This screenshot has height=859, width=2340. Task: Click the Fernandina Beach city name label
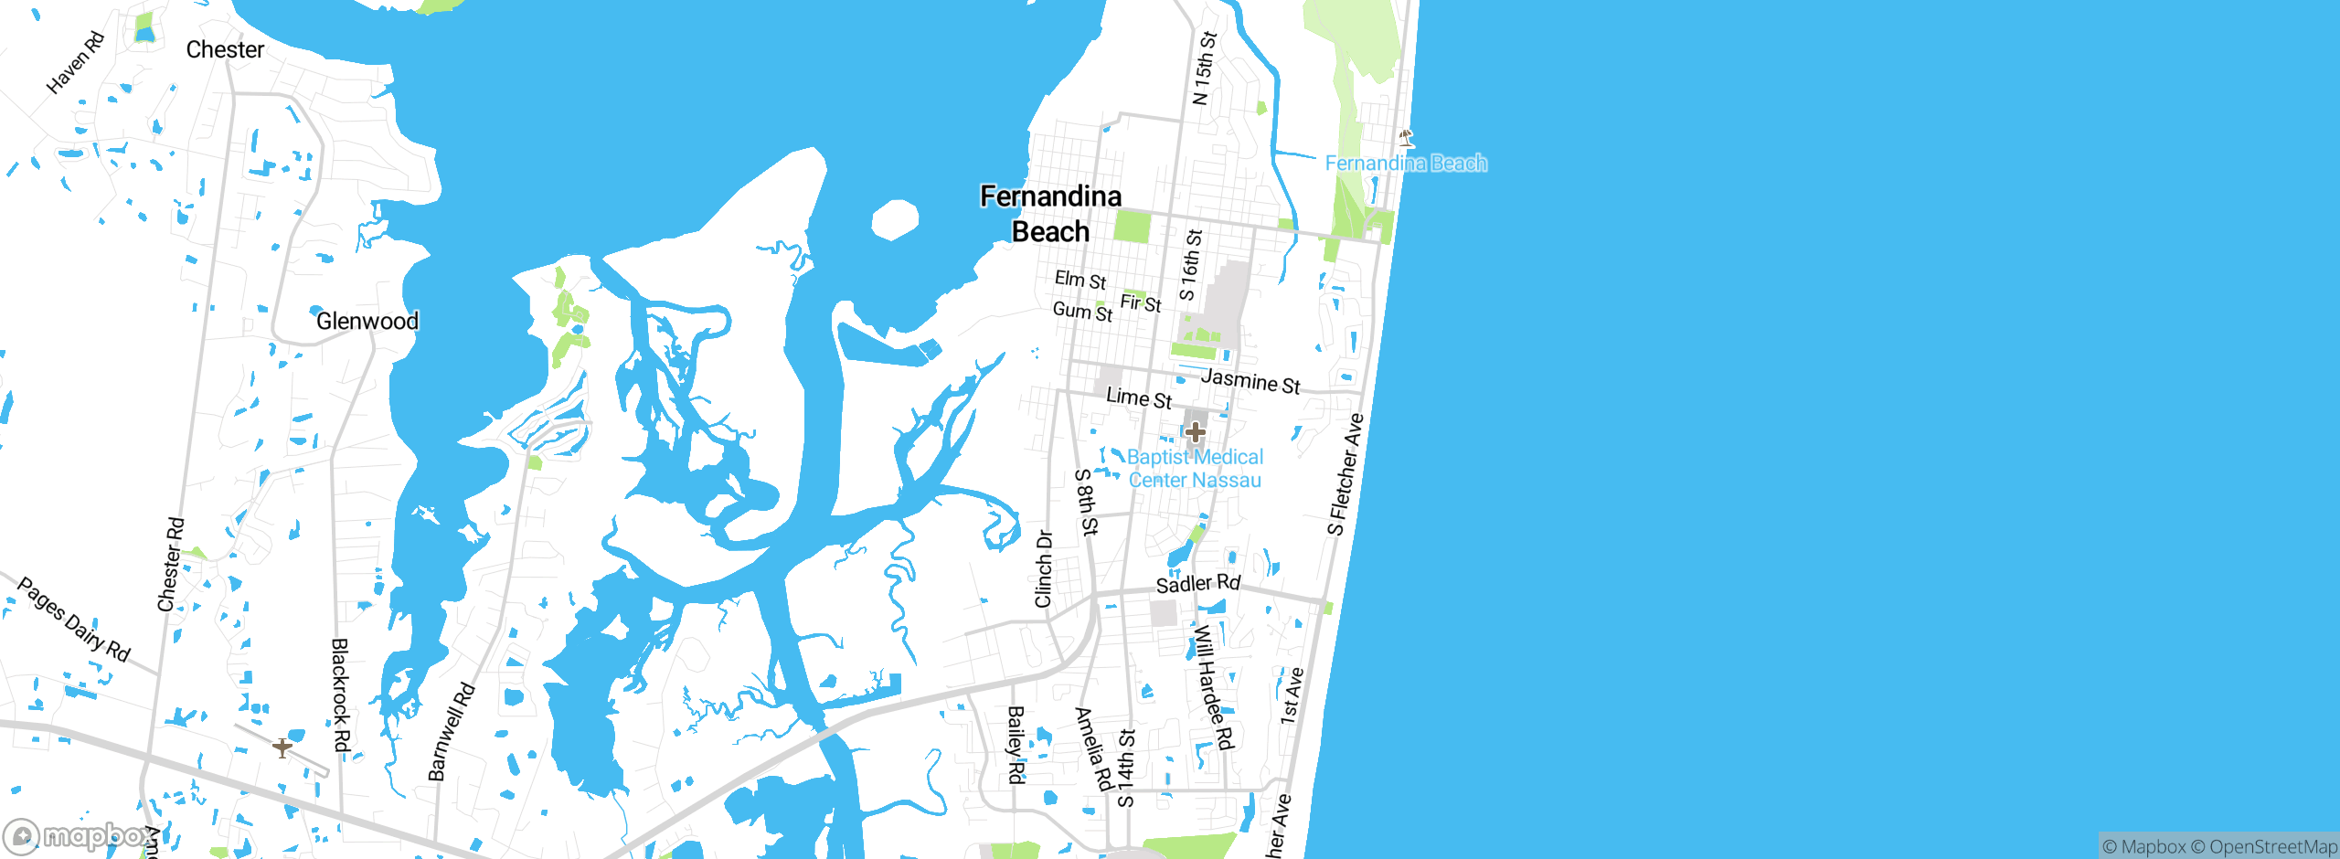click(x=1050, y=214)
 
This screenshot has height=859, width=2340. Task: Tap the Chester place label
click(x=225, y=49)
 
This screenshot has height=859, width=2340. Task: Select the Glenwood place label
click(x=367, y=321)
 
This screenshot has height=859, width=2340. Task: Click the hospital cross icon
click(x=1195, y=431)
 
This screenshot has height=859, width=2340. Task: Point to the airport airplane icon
click(x=282, y=748)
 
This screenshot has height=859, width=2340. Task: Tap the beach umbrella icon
click(x=1406, y=138)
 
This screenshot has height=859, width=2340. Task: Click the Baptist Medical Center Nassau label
click(x=1195, y=469)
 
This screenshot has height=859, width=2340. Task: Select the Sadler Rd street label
click(x=1197, y=583)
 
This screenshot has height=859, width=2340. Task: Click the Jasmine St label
click(x=1250, y=381)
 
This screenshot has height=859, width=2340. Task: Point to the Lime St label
click(x=1138, y=398)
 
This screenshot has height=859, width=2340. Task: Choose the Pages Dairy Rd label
click(x=74, y=620)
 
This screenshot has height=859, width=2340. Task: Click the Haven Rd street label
click(x=76, y=63)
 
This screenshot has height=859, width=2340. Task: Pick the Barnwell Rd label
click(x=451, y=732)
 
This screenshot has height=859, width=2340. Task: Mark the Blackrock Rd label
click(x=339, y=695)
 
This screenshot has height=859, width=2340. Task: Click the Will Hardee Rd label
click(x=1213, y=687)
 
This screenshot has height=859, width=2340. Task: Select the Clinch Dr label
click(x=1043, y=568)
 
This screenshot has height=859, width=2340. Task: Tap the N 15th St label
click(x=1204, y=69)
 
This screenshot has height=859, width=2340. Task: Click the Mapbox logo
click(x=79, y=835)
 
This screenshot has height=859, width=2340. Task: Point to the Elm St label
click(x=1080, y=280)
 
